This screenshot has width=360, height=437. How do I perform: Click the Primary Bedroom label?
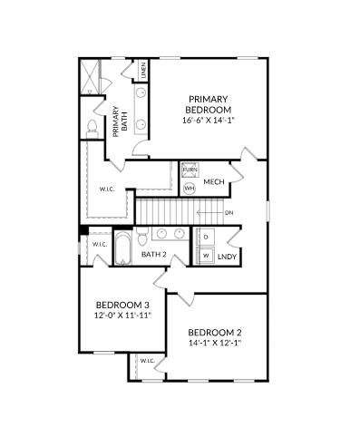point(209,104)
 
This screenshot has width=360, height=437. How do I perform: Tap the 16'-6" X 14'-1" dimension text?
point(209,121)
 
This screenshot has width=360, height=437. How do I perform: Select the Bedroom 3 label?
point(122,305)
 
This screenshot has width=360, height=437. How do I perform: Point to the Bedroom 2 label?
point(215,333)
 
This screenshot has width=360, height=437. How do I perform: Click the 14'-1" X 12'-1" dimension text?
point(215,343)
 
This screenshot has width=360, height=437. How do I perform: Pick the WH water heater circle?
point(190,189)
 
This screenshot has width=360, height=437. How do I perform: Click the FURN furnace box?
point(190,170)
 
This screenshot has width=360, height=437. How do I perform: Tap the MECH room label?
point(214,182)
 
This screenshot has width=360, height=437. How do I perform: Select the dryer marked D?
point(206,237)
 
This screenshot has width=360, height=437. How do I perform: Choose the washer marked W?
point(206,256)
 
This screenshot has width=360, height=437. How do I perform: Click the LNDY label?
point(227,257)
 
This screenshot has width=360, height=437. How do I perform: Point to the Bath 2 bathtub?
point(122,248)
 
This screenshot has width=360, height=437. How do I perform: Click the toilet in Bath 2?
point(142,237)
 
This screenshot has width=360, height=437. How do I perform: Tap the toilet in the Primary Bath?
point(92,129)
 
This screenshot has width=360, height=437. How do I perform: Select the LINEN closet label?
point(144,70)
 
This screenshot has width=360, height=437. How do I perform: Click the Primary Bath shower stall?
point(90,77)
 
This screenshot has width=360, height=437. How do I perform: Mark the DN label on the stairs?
point(229,213)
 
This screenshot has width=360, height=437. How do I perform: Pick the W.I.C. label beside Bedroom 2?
point(148,361)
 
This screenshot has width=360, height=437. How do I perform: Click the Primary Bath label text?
point(120,121)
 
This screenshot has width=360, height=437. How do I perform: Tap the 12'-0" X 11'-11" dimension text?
point(122,316)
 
